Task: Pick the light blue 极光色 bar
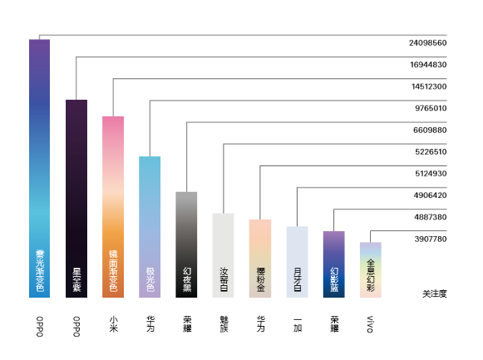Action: tap(150, 226)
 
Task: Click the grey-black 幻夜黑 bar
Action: tap(187, 244)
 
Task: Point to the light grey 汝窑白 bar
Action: tap(223, 254)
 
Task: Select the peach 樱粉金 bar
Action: tap(260, 258)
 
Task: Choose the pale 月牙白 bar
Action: tap(297, 262)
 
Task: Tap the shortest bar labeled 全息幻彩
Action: tap(370, 269)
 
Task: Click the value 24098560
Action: tap(427, 43)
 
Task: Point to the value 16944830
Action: tap(427, 64)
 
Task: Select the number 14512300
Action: tap(427, 86)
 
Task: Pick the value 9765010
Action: tap(430, 108)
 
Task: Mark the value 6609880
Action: tap(430, 130)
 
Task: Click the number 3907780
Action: tap(430, 239)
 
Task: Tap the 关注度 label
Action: tap(434, 293)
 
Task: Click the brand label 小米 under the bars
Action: tap(113, 325)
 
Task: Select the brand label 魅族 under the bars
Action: tap(223, 325)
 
